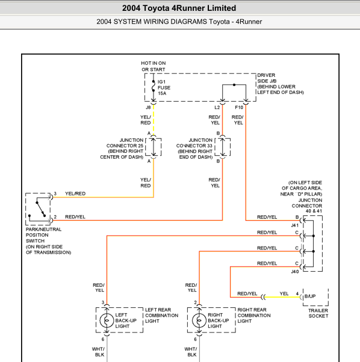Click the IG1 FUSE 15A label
[164, 88]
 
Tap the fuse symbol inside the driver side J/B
[154, 85]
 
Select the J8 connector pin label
[148, 108]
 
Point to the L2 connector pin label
[217, 108]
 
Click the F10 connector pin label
[239, 108]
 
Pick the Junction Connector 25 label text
[122, 149]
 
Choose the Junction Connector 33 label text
[194, 149]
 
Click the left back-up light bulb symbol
[107, 321]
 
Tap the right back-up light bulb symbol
[199, 321]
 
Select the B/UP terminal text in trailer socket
[310, 296]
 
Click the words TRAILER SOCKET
[318, 313]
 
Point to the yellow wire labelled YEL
[282, 297]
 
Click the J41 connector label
[295, 225]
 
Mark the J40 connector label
[295, 272]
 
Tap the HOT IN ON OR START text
[154, 66]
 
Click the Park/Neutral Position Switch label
[48, 241]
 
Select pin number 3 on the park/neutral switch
[55, 194]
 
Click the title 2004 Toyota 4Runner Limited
[179, 8]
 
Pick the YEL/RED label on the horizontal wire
[75, 194]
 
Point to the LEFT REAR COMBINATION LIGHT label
[161, 315]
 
